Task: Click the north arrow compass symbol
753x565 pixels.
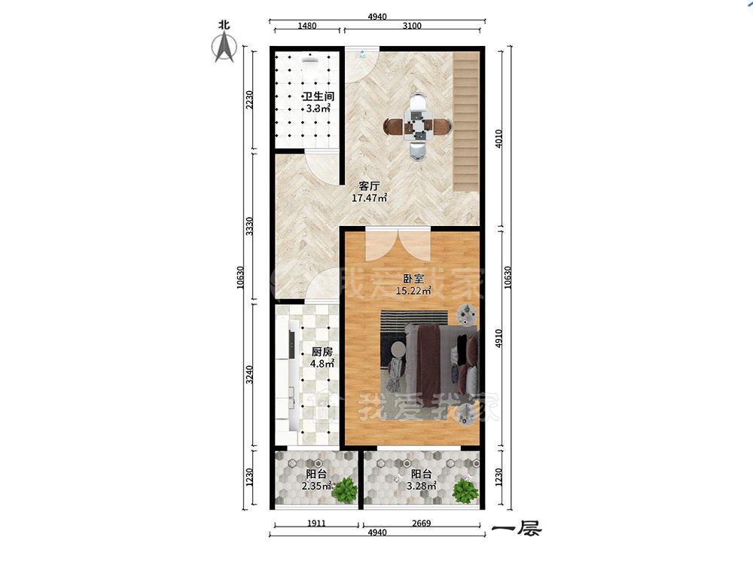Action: (x=224, y=48)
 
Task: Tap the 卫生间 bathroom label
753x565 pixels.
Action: (x=318, y=96)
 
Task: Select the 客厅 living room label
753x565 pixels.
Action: (x=370, y=186)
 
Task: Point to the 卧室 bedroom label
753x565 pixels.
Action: (x=413, y=278)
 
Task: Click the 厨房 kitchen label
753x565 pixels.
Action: (x=322, y=352)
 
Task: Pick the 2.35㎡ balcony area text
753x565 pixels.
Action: (x=317, y=486)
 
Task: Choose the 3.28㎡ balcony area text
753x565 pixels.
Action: (x=421, y=486)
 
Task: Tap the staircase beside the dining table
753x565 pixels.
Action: (x=466, y=121)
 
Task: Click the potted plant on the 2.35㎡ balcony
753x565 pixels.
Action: (x=345, y=490)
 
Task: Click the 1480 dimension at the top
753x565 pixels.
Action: (x=307, y=26)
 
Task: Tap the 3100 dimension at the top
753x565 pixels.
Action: (x=412, y=26)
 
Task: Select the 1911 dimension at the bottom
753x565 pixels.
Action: (x=316, y=524)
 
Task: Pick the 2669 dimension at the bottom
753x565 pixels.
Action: (x=421, y=524)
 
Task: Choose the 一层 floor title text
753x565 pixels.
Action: (x=517, y=529)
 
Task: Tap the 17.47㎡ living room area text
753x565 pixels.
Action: (x=369, y=197)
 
